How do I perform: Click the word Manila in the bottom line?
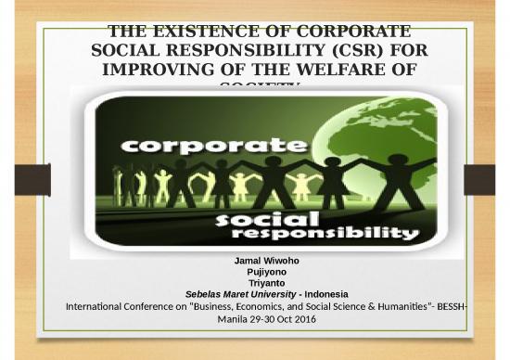234,318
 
